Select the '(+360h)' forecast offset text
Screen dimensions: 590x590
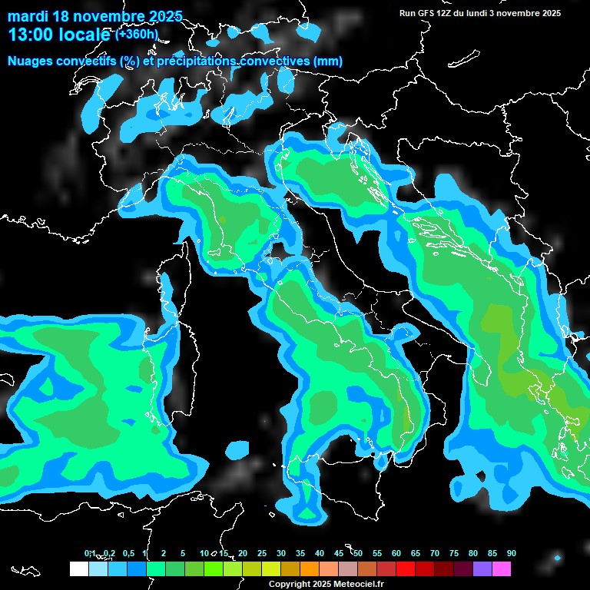click(x=137, y=34)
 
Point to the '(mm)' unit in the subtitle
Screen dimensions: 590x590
click(x=326, y=61)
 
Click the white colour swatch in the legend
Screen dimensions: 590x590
click(x=78, y=568)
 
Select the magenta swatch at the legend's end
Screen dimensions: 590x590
click(x=502, y=568)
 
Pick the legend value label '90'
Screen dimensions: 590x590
click(x=511, y=553)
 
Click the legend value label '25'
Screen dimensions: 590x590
click(x=262, y=553)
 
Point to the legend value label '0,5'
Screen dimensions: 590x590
click(x=128, y=553)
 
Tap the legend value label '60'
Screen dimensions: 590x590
click(x=396, y=553)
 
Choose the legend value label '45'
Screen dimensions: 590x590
click(x=339, y=553)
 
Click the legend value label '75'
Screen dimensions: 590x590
click(x=454, y=553)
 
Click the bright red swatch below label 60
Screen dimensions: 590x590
click(x=406, y=568)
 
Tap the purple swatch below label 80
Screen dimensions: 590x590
click(x=482, y=568)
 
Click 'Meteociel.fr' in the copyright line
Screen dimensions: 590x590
click(x=357, y=585)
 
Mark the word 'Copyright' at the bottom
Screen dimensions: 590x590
click(x=288, y=585)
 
